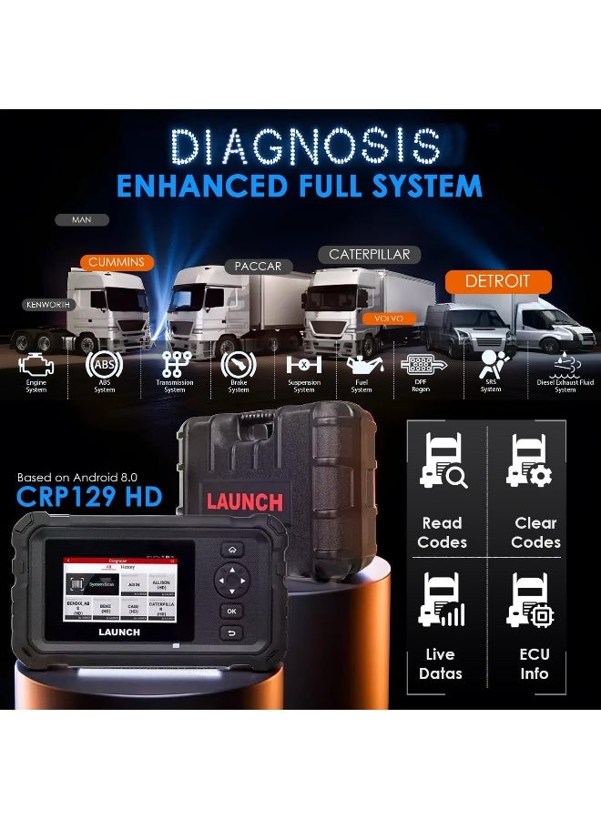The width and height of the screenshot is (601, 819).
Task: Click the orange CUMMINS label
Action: pyautogui.click(x=116, y=262)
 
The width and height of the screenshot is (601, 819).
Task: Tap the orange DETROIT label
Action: pyautogui.click(x=496, y=281)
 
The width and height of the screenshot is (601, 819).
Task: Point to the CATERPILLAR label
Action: pyautogui.click(x=369, y=255)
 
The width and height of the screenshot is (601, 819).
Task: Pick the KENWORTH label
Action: pyautogui.click(x=48, y=305)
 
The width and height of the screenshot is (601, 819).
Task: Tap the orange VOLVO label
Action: pyautogui.click(x=389, y=318)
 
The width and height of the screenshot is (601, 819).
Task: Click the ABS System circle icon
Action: pyautogui.click(x=103, y=365)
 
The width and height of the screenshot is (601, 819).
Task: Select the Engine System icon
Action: pyautogui.click(x=37, y=365)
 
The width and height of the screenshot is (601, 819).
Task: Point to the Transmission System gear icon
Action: pyautogui.click(x=175, y=364)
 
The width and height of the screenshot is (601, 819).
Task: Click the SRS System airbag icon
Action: pyautogui.click(x=491, y=364)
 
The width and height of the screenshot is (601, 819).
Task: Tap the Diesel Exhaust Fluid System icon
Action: pyautogui.click(x=560, y=363)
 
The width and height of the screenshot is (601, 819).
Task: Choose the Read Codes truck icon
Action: pyautogui.click(x=443, y=461)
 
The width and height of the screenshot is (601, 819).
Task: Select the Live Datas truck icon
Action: pyautogui.click(x=441, y=602)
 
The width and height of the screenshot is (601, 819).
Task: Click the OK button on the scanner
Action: pyautogui.click(x=232, y=611)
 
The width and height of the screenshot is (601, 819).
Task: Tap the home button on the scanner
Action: pyautogui.click(x=233, y=550)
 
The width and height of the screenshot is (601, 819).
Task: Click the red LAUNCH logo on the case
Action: pyautogui.click(x=244, y=501)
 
